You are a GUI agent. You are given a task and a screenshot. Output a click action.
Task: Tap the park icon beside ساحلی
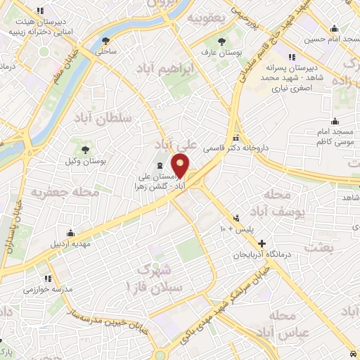tap(105, 39)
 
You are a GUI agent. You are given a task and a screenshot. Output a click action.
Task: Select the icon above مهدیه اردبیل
tap(70, 233)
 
